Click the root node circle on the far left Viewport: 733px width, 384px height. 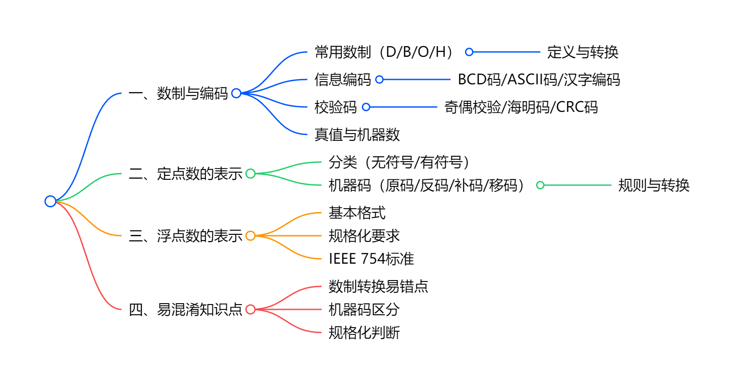coord(50,201)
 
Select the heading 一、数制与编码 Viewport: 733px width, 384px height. coord(178,93)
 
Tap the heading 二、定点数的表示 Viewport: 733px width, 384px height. coord(185,174)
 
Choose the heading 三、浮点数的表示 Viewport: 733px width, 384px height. coord(185,236)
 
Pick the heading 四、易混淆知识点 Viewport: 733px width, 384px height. coord(185,309)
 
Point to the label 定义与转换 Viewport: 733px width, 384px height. coord(583,52)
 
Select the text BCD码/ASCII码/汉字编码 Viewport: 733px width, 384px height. coord(539,79)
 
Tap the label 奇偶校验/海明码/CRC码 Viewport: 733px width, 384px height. coord(521,107)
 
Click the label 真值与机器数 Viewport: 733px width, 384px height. coord(357,135)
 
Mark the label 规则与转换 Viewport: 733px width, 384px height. coord(654,185)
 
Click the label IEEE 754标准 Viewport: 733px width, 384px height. coord(371,259)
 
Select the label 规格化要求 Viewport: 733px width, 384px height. coord(364,236)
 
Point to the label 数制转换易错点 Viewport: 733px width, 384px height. coord(378,286)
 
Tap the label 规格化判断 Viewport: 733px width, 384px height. coord(364,333)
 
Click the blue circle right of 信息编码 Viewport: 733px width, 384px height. coord(379,79)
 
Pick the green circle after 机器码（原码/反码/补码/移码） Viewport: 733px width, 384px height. coord(540,185)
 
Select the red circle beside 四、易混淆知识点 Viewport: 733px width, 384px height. coord(250,309)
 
